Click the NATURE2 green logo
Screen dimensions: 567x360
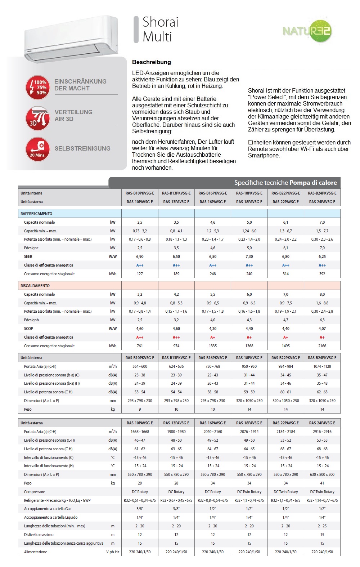pos(307,31)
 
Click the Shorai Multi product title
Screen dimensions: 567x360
pos(160,29)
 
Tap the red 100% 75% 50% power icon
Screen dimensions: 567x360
pos(37,87)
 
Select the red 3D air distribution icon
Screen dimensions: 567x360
pos(37,118)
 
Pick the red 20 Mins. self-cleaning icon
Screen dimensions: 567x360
pos(37,149)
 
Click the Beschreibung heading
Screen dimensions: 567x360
pos(151,62)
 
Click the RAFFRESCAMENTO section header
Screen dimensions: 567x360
pos(36,214)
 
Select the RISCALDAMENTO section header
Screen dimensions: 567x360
pos(35,286)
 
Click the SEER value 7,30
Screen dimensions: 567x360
pos(249,256)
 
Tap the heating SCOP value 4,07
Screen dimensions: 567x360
pos(322,329)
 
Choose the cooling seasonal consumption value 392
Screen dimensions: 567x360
pos(322,274)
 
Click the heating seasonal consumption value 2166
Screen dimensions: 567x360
pos(322,346)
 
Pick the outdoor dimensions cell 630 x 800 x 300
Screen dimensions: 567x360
pos(322,474)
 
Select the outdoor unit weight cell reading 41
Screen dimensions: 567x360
pos(322,483)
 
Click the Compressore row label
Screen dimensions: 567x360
pos(35,492)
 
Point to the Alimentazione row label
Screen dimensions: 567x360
pos(36,552)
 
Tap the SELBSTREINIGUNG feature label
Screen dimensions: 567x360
pos(82,148)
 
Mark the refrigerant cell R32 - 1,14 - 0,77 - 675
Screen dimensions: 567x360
pos(322,500)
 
